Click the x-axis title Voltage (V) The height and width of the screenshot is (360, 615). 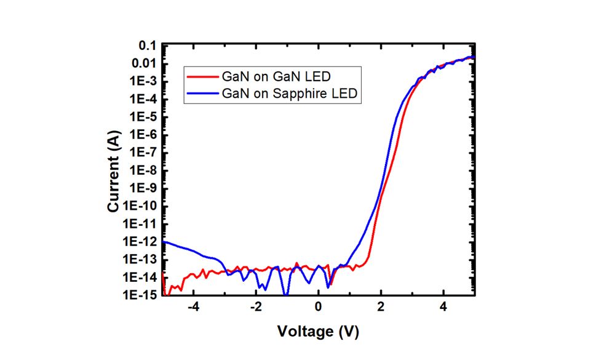(x=318, y=332)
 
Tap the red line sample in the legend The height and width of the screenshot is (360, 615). (x=202, y=78)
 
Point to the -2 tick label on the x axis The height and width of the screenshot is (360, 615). (x=255, y=307)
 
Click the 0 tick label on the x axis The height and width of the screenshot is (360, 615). (x=318, y=307)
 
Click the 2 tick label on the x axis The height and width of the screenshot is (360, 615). (x=381, y=307)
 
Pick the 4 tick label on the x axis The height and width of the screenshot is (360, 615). (x=443, y=307)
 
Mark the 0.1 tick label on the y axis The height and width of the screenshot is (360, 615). (x=147, y=46)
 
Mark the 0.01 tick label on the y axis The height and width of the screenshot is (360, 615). (x=143, y=63)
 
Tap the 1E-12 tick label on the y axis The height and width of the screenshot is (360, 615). (x=141, y=242)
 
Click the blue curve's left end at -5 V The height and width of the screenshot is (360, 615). (x=164, y=242)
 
